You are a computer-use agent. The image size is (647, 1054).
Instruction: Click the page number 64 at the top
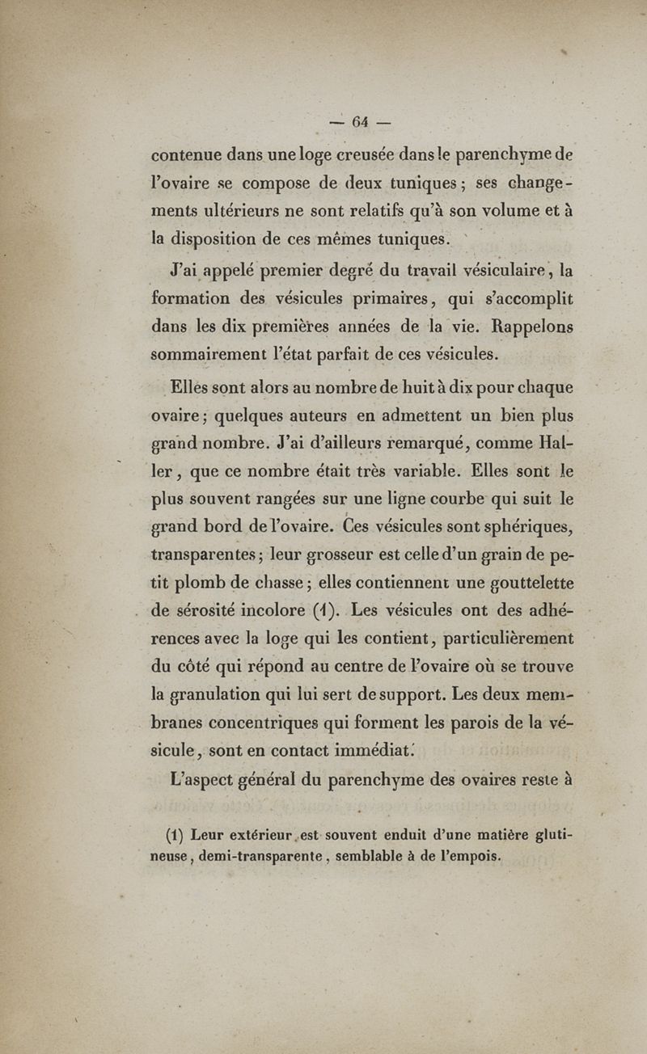tap(360, 122)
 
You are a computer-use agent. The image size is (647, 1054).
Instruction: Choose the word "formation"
tap(192, 298)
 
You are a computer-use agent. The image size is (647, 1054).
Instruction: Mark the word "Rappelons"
tap(529, 327)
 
